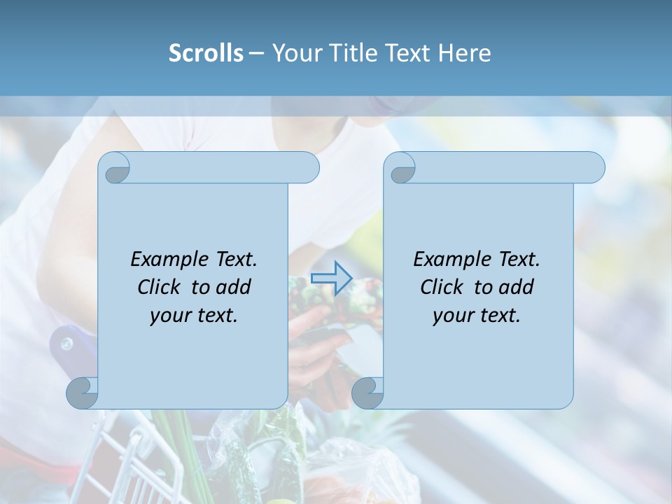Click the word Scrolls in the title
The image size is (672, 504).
click(206, 52)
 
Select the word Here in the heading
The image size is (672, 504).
click(465, 52)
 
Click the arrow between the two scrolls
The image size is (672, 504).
click(331, 278)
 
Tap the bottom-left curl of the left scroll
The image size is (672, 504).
click(83, 393)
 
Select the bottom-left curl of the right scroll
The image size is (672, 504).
click(368, 393)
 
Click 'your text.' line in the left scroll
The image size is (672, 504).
click(194, 316)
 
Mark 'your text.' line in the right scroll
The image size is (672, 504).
click(477, 316)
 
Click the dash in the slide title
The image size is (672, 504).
click(256, 52)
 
